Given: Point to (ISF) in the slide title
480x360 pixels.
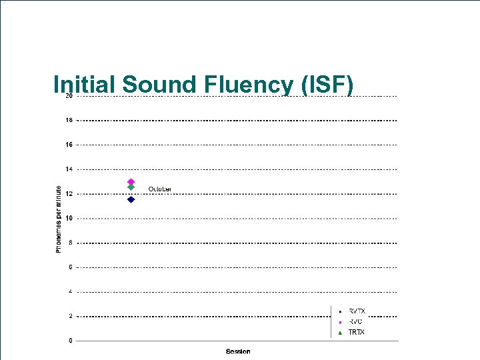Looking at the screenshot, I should tap(327, 85).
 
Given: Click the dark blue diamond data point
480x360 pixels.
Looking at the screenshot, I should tap(131, 199).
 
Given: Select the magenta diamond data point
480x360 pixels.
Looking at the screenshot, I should tap(131, 181).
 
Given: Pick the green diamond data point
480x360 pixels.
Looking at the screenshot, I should tap(131, 187).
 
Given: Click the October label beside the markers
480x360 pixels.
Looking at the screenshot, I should tap(160, 189).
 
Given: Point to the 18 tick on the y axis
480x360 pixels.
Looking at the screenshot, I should tap(69, 121).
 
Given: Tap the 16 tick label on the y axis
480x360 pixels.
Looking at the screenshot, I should tap(69, 145).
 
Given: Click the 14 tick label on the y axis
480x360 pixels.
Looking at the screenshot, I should tap(69, 169).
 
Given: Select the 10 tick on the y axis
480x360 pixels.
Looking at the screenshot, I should tap(69, 218).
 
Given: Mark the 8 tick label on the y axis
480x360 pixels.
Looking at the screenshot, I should tap(70, 243).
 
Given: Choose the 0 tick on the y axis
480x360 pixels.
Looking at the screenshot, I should tap(70, 341).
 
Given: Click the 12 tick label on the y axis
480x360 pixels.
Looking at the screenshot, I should tap(69, 194).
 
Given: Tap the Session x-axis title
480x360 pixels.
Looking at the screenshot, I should tap(238, 351).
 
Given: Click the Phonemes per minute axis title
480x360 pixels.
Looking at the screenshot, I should tap(59, 219).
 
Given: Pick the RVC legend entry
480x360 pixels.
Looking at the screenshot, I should tap(355, 321).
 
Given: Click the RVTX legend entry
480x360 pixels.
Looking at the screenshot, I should tap(357, 311).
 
